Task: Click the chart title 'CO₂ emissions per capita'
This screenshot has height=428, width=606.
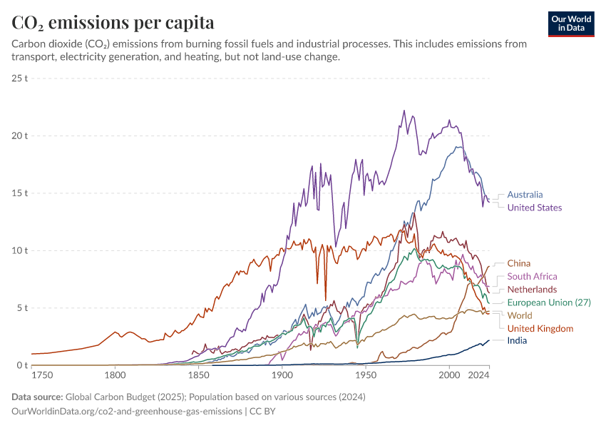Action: point(113,23)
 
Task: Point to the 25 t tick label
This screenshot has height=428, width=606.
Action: point(20,78)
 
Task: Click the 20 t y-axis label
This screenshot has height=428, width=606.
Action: point(20,136)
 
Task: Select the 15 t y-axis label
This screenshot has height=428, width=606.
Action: point(20,193)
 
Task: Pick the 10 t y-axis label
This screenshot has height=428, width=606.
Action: point(20,250)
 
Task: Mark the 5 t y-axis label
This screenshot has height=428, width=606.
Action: point(22,308)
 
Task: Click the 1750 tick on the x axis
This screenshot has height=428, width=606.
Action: point(42,374)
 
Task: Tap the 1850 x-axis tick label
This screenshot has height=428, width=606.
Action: point(198,374)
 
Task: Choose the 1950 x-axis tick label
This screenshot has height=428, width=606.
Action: point(366,374)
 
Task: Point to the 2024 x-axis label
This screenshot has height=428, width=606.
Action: point(478,374)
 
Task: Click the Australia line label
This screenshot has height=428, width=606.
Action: point(525,194)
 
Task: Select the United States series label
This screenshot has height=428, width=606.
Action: point(535,208)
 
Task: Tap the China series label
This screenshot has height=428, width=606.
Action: point(519,263)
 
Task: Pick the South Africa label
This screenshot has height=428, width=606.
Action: point(532,276)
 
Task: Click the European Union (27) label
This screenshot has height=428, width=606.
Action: point(549,302)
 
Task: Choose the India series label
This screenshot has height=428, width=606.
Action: point(518,341)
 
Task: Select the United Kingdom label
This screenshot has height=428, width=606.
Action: point(540,328)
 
